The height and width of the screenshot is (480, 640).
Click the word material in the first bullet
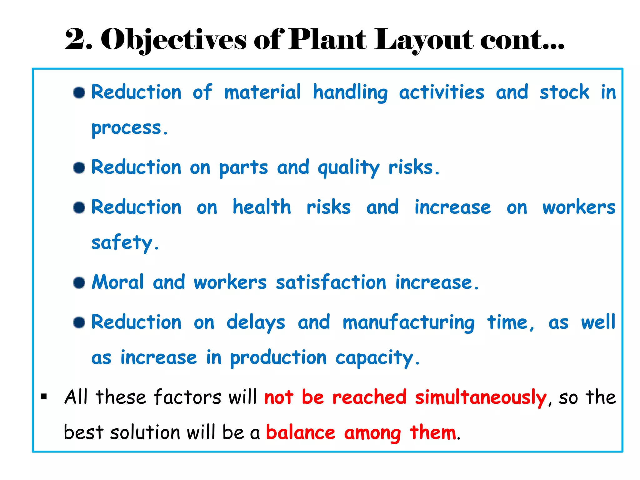point(262,92)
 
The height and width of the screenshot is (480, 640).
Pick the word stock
point(564,92)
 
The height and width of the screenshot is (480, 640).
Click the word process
point(129,128)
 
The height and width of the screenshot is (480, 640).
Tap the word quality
point(348,168)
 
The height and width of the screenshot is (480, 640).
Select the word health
point(262,207)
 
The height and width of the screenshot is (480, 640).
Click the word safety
point(124,243)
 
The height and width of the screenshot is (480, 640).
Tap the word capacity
point(377,358)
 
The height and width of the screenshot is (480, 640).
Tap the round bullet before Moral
point(79,282)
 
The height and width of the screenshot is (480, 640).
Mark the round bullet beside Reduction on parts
point(79,167)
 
